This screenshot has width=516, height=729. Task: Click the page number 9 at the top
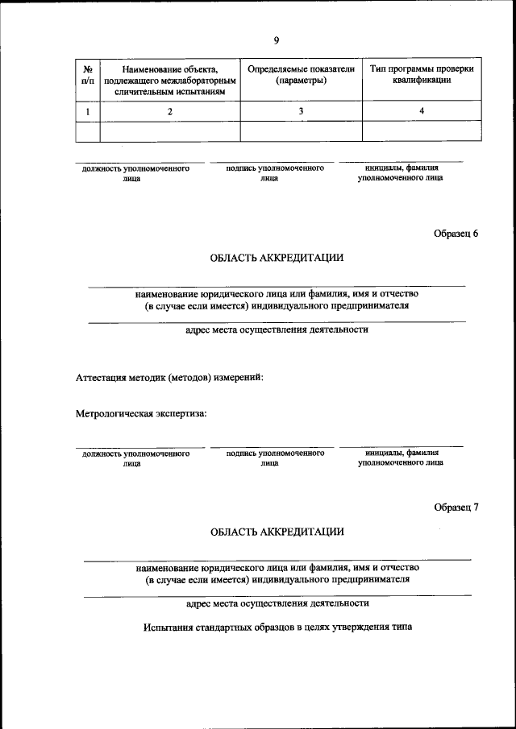tap(277, 40)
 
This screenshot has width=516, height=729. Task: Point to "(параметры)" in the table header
tap(301, 81)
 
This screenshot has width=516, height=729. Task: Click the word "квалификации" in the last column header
tap(422, 81)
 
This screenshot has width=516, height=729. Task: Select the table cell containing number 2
tap(170, 111)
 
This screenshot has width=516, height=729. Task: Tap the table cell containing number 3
tap(301, 111)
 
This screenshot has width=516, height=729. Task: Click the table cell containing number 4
tap(422, 111)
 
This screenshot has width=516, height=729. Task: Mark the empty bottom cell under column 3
tap(301, 130)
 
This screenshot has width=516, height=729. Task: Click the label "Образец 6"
tap(456, 234)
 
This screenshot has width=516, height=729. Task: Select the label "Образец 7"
tap(456, 507)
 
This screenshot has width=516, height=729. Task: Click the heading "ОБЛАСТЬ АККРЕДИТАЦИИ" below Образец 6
tap(277, 259)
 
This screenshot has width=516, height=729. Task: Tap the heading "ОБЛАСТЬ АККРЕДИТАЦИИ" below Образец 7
tap(277, 532)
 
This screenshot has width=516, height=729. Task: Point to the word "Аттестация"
tap(103, 377)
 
